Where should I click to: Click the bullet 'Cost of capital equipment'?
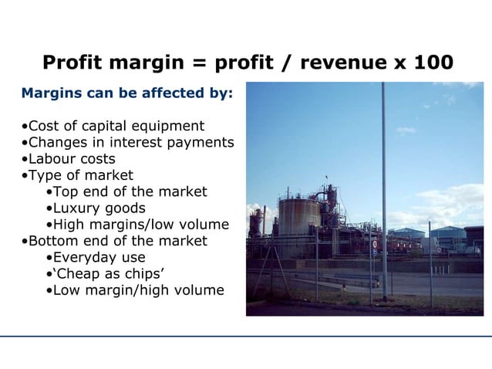click(113, 126)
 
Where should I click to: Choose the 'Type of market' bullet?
click(77, 175)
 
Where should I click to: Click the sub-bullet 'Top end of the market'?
click(126, 191)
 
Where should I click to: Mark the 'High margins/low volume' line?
click(137, 225)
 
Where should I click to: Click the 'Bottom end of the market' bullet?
click(114, 241)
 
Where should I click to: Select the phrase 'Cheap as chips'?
click(105, 274)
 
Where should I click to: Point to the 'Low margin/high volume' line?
click(135, 290)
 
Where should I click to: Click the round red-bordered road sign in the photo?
click(374, 244)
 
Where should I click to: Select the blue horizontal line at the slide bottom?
click(246, 336)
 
